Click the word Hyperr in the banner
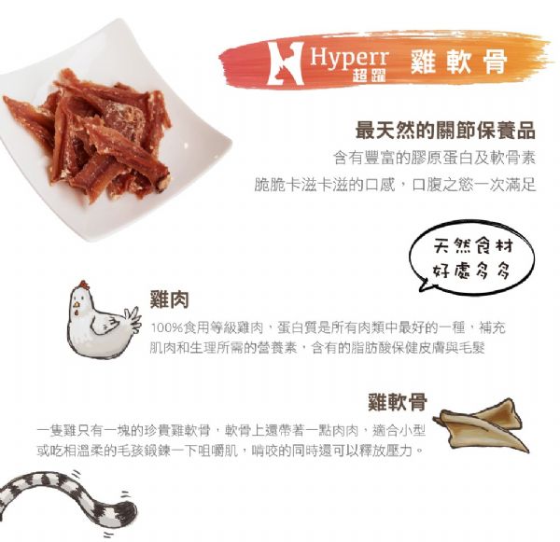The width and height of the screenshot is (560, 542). pos(349,58)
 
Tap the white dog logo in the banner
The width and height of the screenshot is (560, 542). pos(286,63)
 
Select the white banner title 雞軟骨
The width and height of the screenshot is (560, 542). pos(458,63)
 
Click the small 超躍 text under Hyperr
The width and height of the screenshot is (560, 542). pos(369,75)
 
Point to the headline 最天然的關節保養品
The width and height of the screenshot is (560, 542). pos(445,130)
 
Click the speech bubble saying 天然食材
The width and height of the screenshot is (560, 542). pos(472,257)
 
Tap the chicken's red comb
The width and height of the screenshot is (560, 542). pos(84,285)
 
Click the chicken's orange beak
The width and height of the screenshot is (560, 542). pos(77,305)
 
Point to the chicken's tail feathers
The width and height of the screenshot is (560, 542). pos(133,319)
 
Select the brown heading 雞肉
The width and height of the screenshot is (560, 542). pos(169,299)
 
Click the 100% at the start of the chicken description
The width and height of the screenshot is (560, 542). pos(167,327)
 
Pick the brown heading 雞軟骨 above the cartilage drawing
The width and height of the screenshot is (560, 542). pos(398,402)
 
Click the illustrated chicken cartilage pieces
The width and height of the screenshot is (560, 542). pos(481,425)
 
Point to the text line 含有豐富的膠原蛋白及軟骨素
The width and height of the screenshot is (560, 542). pos(434,158)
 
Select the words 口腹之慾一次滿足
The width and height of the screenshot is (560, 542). pos(474,184)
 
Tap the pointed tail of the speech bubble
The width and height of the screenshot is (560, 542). pos(424,287)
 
